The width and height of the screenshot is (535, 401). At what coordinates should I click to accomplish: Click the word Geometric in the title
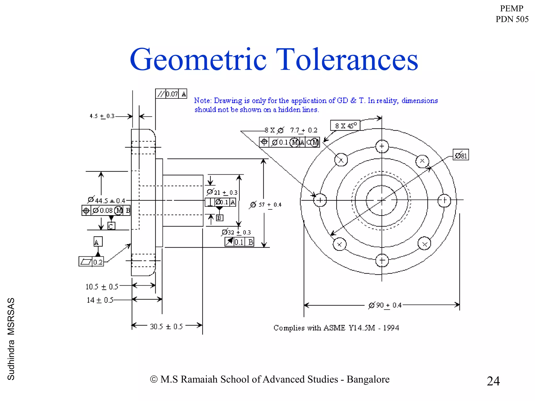pos(198,60)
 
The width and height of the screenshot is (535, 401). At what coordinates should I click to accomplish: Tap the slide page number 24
pos(493,381)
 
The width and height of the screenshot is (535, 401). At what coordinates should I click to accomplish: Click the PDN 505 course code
pos(512,19)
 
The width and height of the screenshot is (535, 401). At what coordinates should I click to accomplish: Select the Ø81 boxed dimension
pos(461,155)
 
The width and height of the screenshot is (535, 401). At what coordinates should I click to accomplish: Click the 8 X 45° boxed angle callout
pos(345,126)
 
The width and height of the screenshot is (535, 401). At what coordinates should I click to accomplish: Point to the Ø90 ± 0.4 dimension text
pos(385,305)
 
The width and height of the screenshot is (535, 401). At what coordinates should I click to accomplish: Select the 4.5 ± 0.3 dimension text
pos(102,116)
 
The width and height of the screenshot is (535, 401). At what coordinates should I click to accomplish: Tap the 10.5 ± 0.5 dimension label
pos(102,287)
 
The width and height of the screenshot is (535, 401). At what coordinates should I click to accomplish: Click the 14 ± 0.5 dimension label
pos(100,300)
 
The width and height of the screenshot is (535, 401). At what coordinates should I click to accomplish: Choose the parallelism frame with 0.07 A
pos(171,94)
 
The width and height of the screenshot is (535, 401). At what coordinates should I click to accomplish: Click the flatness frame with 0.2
pos(91,262)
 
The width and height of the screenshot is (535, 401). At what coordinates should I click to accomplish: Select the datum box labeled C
pos(111,226)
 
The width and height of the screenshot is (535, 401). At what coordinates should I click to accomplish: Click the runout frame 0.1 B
pos(239,242)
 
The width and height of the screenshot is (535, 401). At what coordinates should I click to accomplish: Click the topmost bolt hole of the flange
pos(382,146)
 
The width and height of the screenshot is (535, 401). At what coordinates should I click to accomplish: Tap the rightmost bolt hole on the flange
pos(444,200)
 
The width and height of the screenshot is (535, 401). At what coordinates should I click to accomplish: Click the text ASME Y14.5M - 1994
pos(361,328)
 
